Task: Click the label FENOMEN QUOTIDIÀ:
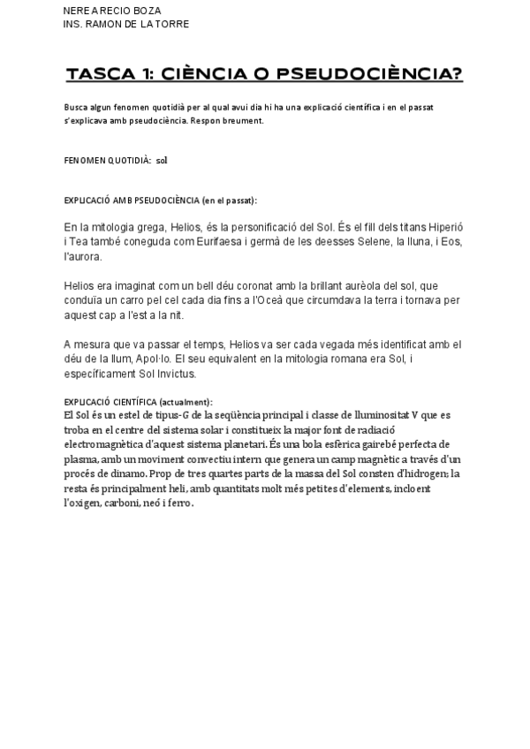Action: [107, 161]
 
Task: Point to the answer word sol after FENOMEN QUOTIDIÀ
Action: [162, 161]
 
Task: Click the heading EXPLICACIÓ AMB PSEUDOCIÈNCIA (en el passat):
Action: [161, 201]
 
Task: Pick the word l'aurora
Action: [83, 256]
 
